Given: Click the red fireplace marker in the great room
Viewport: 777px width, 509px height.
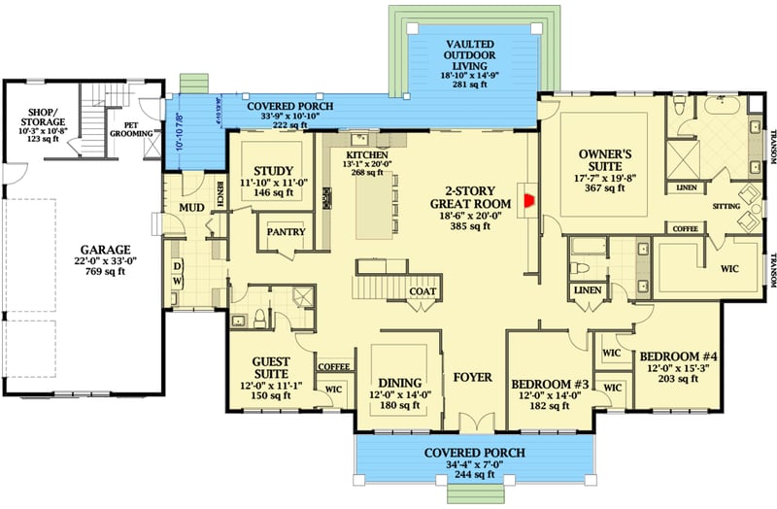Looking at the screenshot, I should point(529,201).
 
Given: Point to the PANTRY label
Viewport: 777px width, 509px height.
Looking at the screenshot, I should point(287,232).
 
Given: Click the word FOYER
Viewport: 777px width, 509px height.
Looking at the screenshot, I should point(473,376).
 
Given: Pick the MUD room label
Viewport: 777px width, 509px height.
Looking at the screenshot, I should point(189,208).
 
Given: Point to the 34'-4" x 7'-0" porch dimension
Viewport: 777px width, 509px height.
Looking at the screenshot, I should point(473,463).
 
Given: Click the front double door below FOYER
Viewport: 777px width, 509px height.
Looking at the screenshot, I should point(473,424).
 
